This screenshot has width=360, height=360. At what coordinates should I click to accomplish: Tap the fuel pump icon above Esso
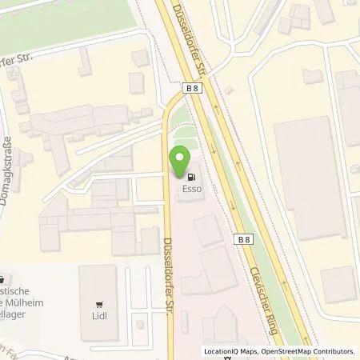(190, 178)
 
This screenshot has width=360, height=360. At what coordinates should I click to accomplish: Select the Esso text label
(190, 190)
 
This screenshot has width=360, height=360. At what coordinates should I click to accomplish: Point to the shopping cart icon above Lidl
(99, 304)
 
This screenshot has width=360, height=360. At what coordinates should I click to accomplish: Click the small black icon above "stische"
(3, 280)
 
